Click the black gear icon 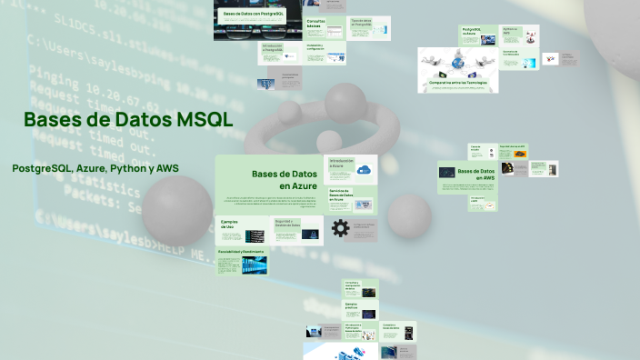(x=340, y=228)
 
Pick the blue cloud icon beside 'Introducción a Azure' (x=364, y=169)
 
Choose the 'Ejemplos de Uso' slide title (x=229, y=224)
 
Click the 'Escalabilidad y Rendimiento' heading (x=241, y=250)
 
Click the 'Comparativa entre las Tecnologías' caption (x=458, y=83)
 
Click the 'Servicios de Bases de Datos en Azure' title (x=342, y=194)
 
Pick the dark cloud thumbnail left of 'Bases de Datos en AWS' (x=447, y=172)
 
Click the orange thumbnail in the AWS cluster (x=518, y=154)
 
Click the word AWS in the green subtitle (x=167, y=168)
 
